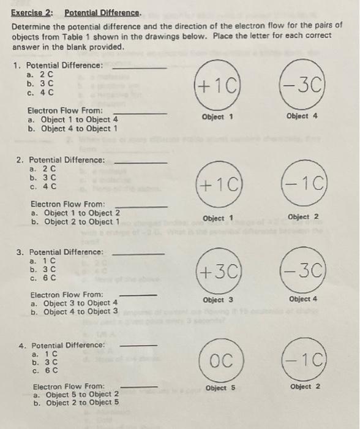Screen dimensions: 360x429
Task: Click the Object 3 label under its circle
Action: tap(217, 300)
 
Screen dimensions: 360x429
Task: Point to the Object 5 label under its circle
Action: tap(221, 388)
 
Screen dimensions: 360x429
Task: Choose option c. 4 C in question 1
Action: tap(41, 93)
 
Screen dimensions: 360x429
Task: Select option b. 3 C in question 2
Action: tap(42, 178)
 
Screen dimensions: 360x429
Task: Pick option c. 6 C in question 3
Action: tap(42, 278)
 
